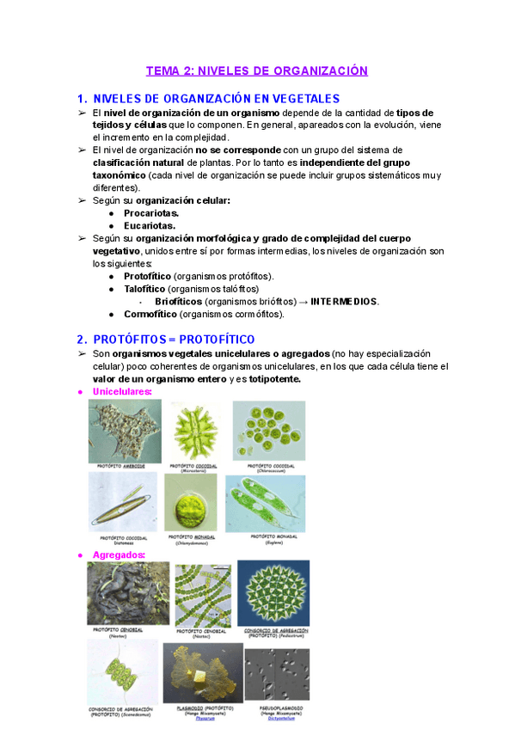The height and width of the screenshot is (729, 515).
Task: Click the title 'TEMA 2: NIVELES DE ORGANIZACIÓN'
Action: pyautogui.click(x=256, y=71)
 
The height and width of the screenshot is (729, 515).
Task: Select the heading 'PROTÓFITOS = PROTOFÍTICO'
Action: pyautogui.click(x=174, y=340)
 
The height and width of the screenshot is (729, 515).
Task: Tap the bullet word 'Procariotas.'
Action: pyautogui.click(x=151, y=212)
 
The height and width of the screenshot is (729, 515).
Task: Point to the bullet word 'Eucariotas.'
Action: pyautogui.click(x=150, y=225)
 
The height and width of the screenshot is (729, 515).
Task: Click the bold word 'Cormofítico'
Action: pyautogui.click(x=151, y=314)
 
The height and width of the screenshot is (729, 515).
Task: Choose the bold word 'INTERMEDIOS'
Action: pyautogui.click(x=344, y=302)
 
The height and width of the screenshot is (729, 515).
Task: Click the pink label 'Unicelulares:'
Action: pyautogui.click(x=122, y=392)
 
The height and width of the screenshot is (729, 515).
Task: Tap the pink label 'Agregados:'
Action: pyautogui.click(x=119, y=555)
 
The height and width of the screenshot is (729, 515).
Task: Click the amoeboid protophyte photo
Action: pyautogui.click(x=125, y=432)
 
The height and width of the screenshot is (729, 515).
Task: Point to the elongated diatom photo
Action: pyautogui.click(x=123, y=501)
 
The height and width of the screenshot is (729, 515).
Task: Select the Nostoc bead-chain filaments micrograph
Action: pyautogui.click(x=204, y=595)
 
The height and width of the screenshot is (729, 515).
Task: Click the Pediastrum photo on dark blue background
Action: pyautogui.click(x=273, y=594)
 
